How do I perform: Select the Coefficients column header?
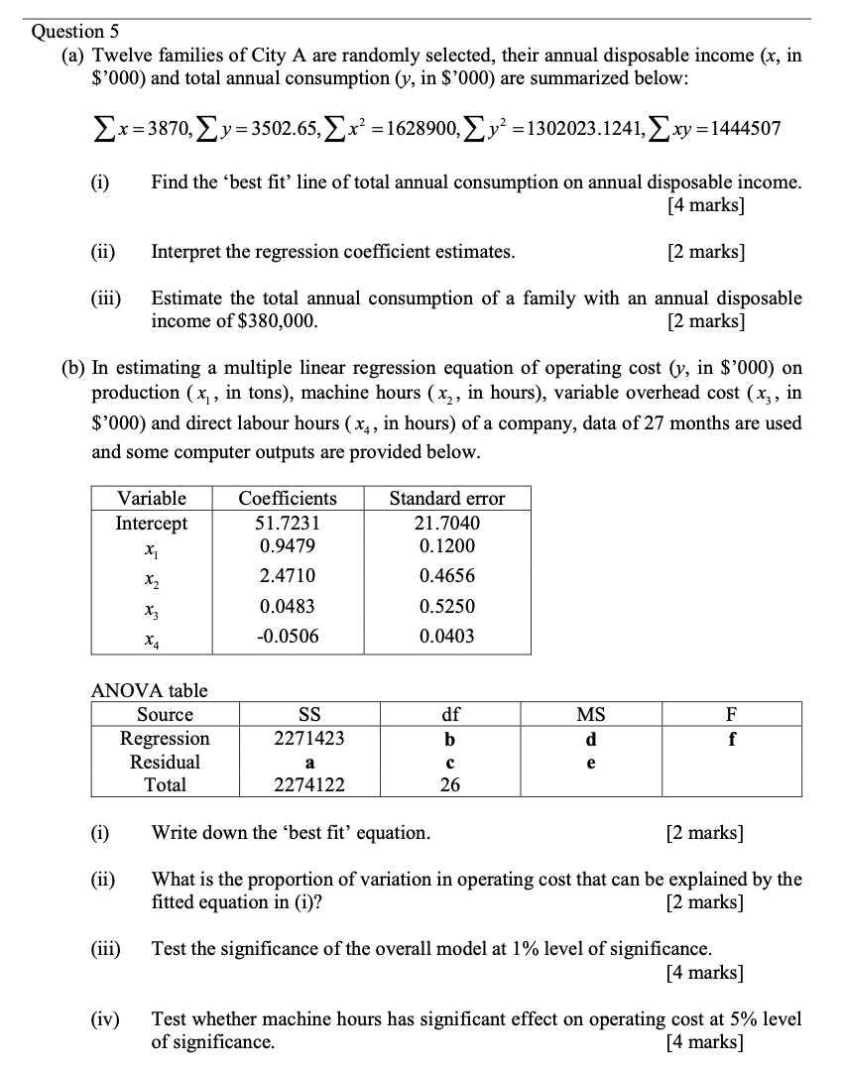[288, 498]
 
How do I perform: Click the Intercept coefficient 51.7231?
[288, 523]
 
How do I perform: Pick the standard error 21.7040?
[446, 523]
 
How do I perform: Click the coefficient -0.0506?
[288, 636]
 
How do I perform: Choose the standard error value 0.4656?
[446, 575]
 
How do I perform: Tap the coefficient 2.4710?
[288, 575]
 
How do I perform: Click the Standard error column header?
[446, 498]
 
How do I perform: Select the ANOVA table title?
[149, 690]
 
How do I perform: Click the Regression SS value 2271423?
[309, 739]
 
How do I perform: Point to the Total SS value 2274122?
[309, 784]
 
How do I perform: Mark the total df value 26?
[449, 784]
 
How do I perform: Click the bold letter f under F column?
[731, 739]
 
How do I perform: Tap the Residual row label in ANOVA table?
[165, 762]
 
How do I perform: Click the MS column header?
[590, 715]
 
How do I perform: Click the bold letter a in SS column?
[309, 763]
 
